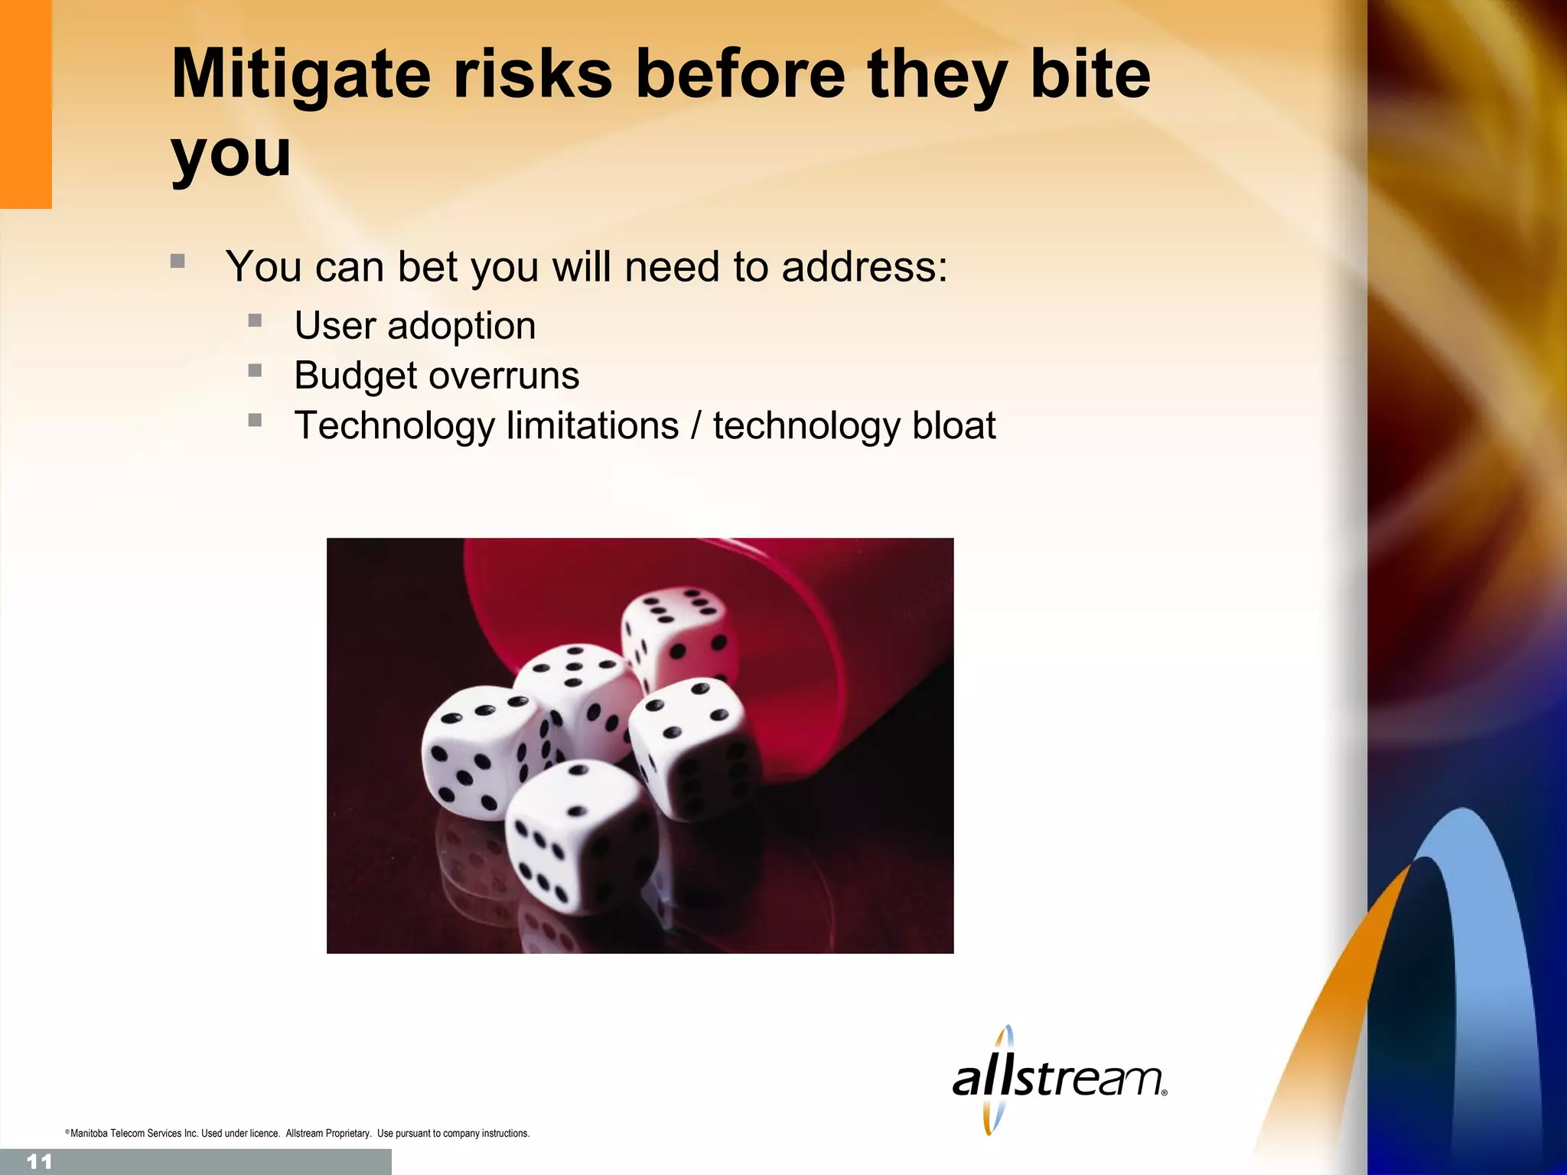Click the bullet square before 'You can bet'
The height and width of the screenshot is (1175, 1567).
(x=178, y=261)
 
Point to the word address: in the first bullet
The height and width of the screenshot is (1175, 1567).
(x=865, y=267)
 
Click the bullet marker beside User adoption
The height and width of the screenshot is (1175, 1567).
(x=255, y=321)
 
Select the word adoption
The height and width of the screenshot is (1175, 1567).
(x=461, y=326)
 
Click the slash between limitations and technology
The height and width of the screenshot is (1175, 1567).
(x=696, y=425)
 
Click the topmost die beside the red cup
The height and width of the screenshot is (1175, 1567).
(x=679, y=635)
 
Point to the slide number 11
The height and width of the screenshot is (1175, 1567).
(x=38, y=1162)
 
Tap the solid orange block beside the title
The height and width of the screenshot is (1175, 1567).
(x=25, y=103)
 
